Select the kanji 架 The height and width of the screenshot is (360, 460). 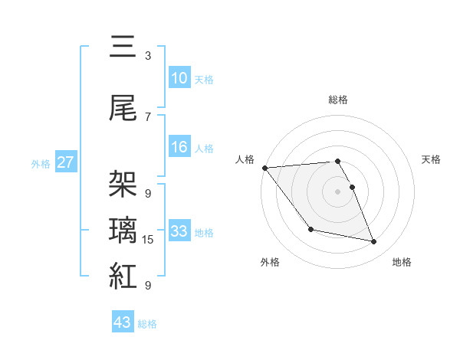point(123,184)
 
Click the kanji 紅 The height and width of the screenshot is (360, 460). point(123,276)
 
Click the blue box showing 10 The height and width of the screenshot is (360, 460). point(179,78)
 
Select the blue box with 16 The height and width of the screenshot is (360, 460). point(179,148)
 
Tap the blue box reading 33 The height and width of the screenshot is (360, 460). point(179,231)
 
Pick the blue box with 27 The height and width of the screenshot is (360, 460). point(66,162)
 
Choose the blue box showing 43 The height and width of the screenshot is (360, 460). point(123,322)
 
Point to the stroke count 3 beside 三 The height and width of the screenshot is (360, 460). point(148,56)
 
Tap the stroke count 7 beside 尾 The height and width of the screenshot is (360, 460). point(148,117)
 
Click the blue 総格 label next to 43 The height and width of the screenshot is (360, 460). point(147,324)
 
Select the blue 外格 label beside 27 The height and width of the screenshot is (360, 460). point(41,163)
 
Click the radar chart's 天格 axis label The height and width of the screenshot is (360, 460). point(431,159)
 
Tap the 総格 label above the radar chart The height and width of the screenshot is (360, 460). point(337,100)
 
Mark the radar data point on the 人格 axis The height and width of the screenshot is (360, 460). point(264,168)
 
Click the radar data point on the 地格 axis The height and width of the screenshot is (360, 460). point(374,242)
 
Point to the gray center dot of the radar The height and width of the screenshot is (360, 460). point(337,191)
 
